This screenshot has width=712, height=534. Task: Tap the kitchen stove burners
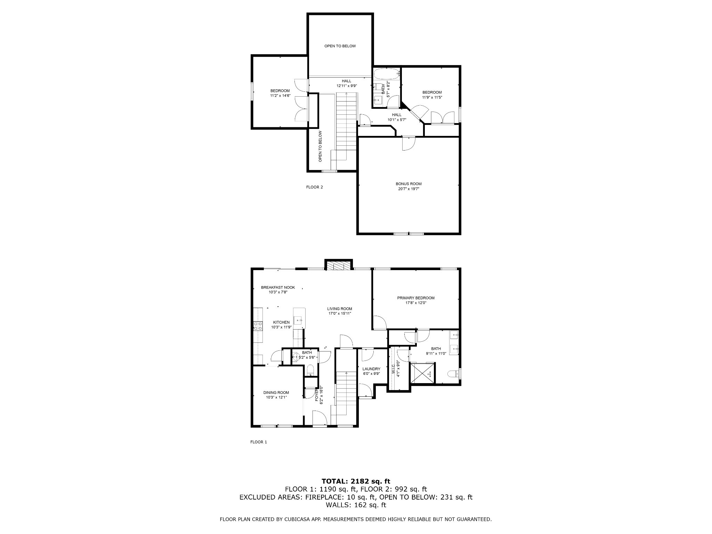(258, 326)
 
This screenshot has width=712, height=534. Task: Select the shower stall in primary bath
(423, 373)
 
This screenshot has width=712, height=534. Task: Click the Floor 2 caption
(314, 187)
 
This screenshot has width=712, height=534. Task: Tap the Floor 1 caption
(259, 442)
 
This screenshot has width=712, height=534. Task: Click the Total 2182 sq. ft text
(356, 482)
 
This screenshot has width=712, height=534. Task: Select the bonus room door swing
(409, 144)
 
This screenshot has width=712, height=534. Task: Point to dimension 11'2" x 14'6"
(280, 96)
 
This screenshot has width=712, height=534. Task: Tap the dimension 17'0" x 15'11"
(340, 314)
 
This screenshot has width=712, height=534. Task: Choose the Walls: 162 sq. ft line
(356, 505)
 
